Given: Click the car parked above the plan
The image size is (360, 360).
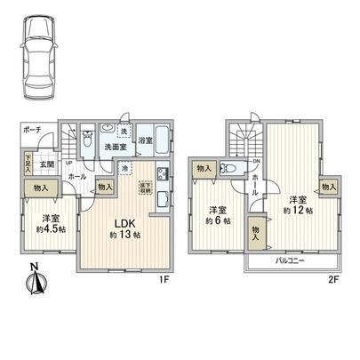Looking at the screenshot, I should point(38,57).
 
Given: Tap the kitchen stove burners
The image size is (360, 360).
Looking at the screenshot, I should point(163,174).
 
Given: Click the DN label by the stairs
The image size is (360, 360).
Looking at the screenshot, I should point(256,161).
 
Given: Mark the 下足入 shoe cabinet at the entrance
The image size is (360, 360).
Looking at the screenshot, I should point(28,164).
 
